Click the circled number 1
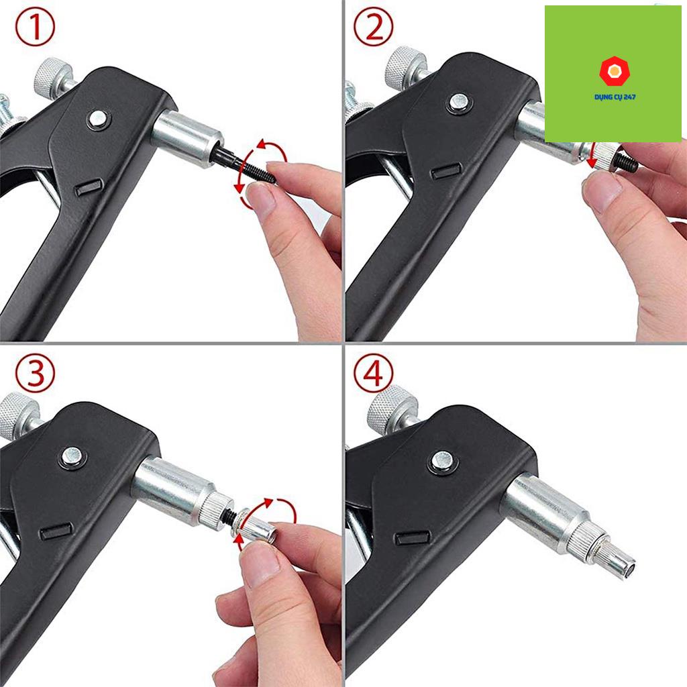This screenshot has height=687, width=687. tap(35, 27)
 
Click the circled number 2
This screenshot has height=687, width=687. tap(373, 27)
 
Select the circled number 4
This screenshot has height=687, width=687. tap(373, 373)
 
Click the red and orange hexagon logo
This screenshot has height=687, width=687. tap(615, 71)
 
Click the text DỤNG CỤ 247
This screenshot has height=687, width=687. tap(615, 97)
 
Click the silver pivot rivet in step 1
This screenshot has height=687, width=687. tap(97, 118)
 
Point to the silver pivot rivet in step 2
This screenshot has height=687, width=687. tap(458, 102)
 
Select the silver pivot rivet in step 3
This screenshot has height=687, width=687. tap(72, 456)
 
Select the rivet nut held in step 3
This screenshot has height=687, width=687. tap(253, 525)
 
